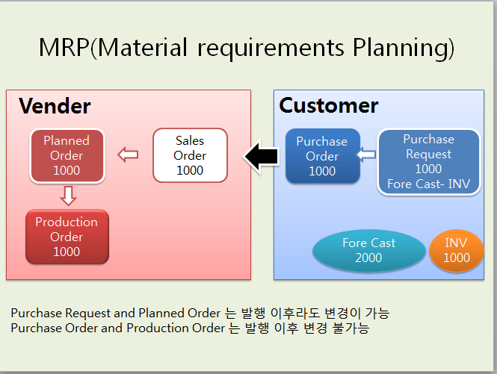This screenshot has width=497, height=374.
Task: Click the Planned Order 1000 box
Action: point(67,156)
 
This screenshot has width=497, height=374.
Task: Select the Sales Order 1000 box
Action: point(190,155)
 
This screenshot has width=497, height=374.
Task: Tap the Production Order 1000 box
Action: point(67,237)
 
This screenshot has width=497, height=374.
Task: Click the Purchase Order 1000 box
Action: point(323,156)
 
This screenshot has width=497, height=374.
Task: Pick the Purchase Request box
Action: point(429,161)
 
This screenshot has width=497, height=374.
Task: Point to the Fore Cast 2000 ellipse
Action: point(369,251)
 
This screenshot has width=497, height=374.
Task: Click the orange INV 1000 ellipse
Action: point(457,251)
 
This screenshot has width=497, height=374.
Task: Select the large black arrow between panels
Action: point(262,157)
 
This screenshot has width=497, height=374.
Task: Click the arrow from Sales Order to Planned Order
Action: point(128,155)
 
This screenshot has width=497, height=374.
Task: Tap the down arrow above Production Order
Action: point(68,196)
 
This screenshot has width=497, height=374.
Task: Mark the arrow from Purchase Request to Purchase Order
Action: point(366,155)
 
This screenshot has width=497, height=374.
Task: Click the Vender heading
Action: point(55,106)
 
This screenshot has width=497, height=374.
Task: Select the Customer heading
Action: point(329,105)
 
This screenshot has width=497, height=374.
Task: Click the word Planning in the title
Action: point(404,48)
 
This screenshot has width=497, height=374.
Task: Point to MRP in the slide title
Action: point(64,48)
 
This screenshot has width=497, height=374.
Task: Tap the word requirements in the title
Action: point(271,49)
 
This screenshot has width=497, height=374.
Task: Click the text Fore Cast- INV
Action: point(429,184)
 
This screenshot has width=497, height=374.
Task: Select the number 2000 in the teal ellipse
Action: point(368,258)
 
